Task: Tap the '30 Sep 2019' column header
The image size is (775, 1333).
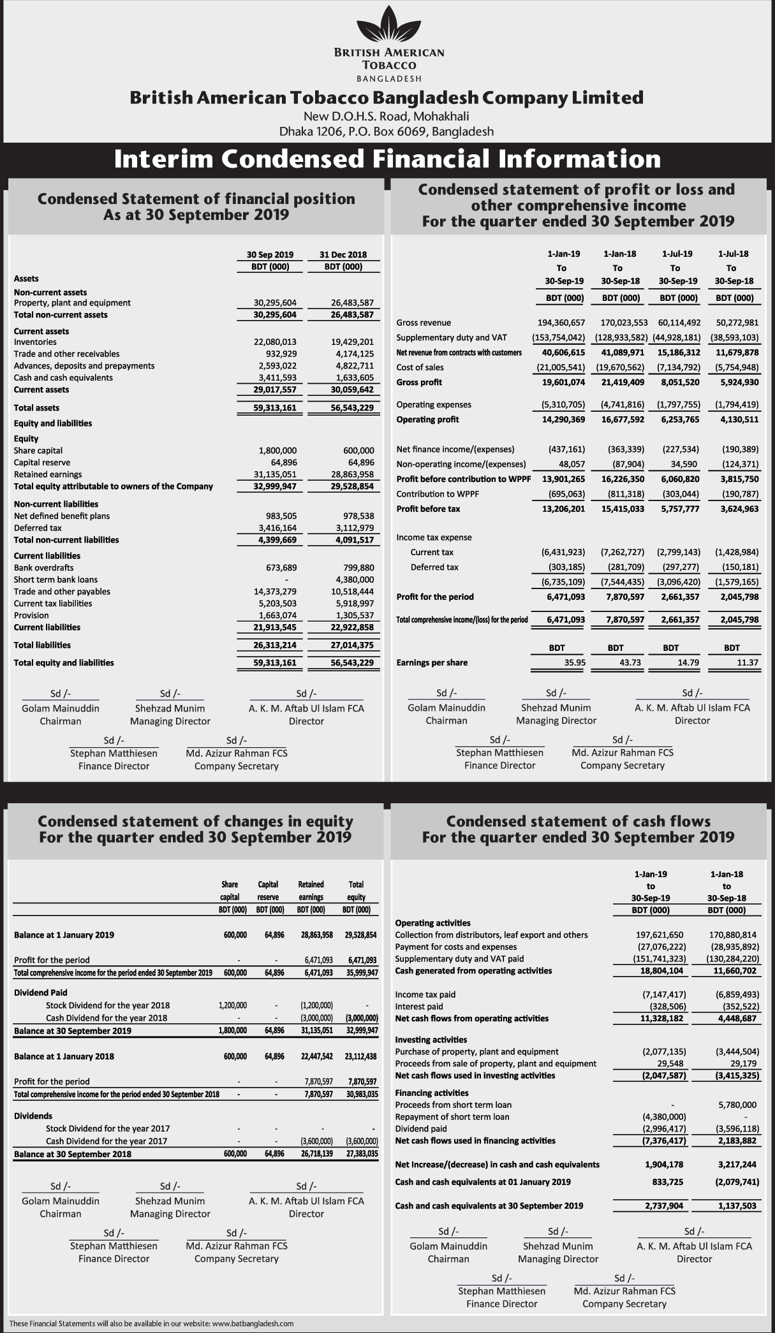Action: coord(270,255)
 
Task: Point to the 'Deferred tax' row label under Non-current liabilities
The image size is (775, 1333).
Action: coord(38,528)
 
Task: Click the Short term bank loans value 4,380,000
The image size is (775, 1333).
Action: coord(355,579)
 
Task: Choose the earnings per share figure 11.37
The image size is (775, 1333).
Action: coord(748,662)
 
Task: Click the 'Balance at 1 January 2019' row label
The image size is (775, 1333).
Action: coord(64,935)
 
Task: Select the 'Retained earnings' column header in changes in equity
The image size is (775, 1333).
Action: coord(311,890)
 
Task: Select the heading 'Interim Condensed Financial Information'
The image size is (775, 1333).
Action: coord(387,159)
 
